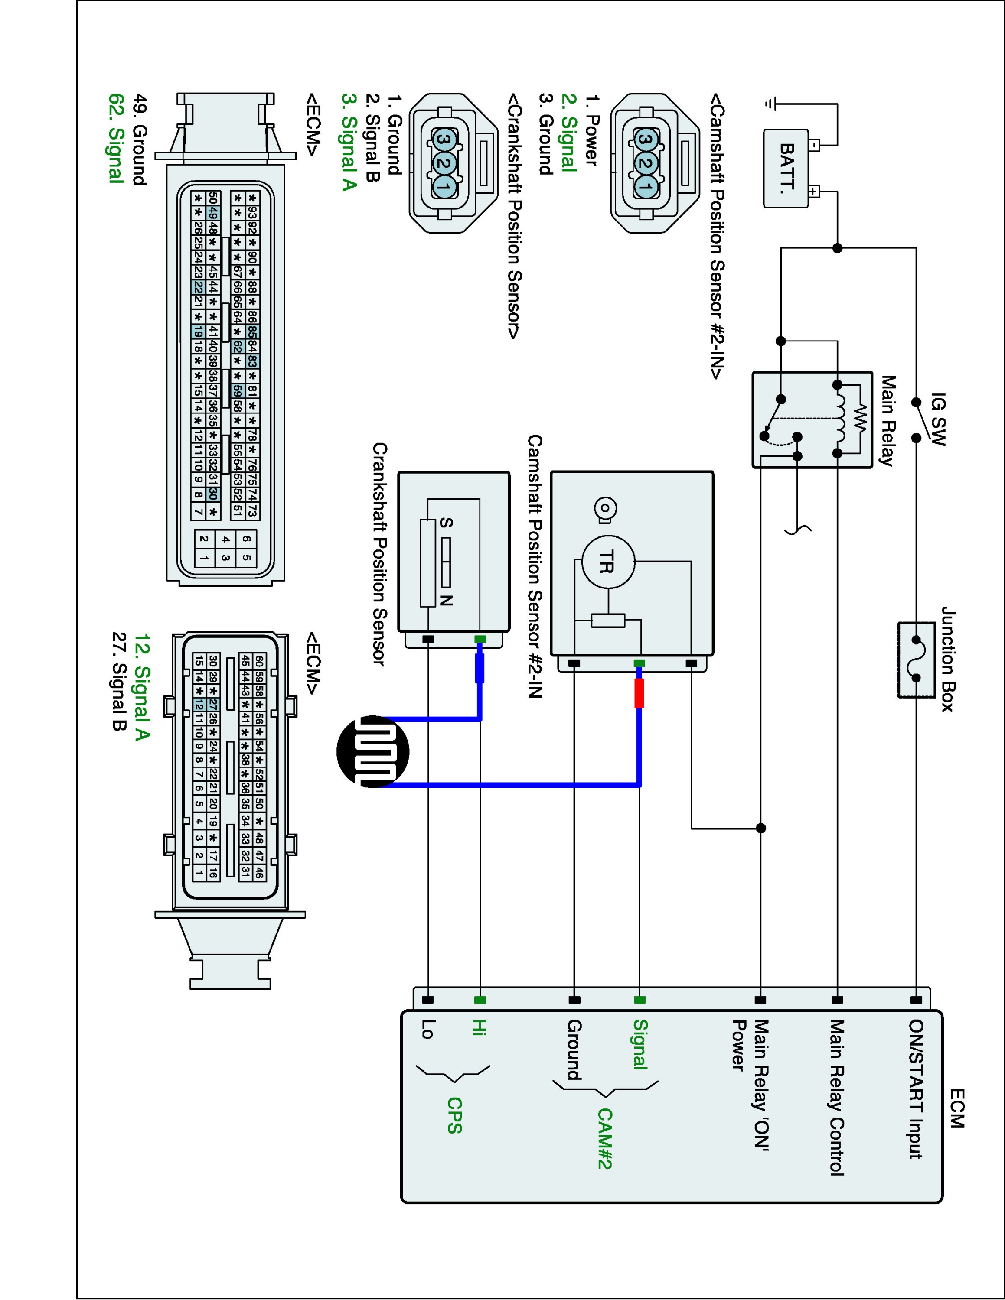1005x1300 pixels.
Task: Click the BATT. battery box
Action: [786, 169]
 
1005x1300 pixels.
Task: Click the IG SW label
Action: [938, 419]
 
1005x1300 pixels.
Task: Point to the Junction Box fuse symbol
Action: [916, 660]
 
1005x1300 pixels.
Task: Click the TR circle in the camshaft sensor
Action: [607, 562]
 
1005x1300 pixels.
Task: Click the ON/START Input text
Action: [916, 1089]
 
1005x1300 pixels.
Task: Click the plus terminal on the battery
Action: [813, 192]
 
